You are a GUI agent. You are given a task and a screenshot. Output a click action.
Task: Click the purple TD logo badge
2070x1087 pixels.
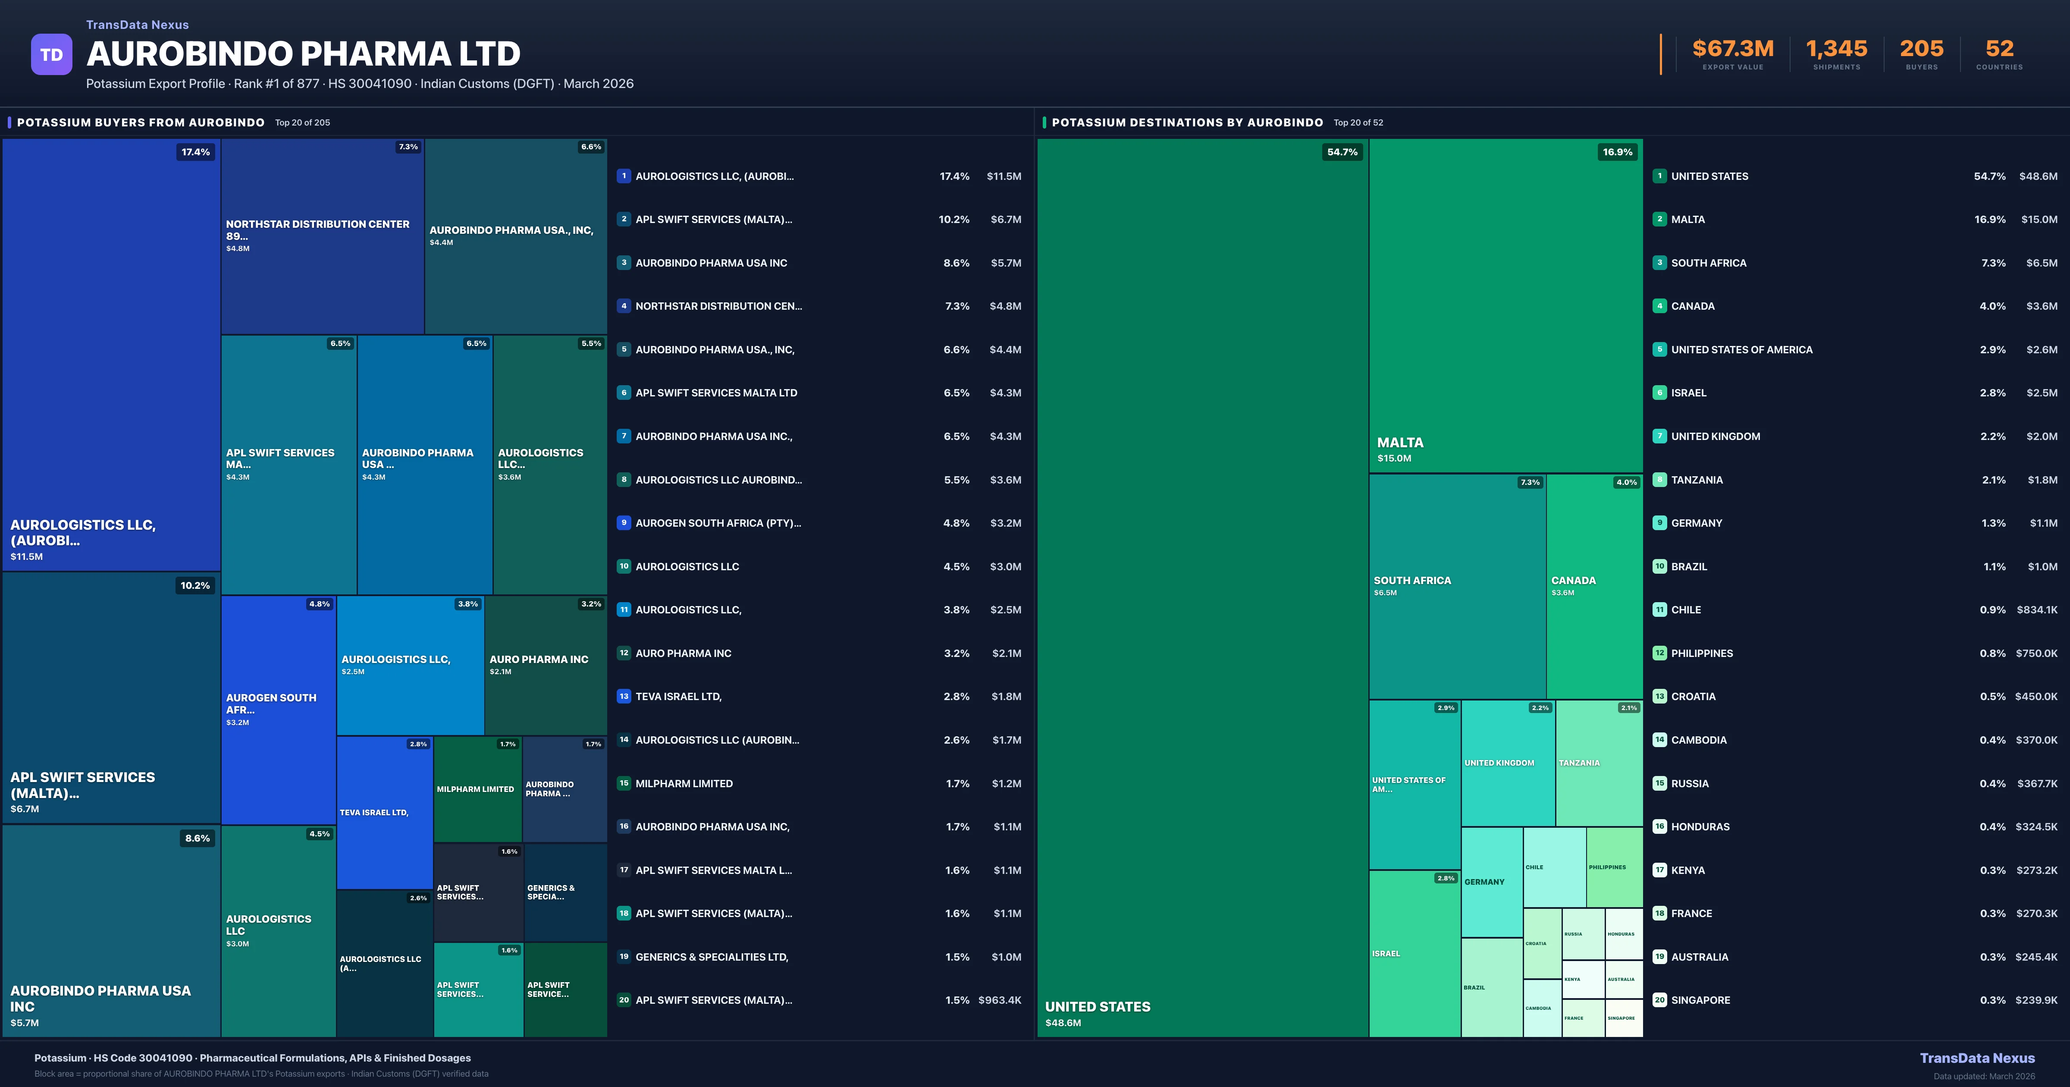tap(51, 55)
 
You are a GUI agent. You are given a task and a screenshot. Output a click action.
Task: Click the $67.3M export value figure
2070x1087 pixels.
tap(1732, 49)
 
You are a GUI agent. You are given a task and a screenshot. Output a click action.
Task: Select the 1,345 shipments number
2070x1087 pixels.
tap(1836, 49)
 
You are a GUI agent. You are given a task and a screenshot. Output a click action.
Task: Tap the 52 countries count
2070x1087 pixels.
tap(1999, 49)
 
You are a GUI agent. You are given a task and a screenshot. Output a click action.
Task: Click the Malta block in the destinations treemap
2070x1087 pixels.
tap(1505, 305)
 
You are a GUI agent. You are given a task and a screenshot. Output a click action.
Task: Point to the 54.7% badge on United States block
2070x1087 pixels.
tap(1342, 152)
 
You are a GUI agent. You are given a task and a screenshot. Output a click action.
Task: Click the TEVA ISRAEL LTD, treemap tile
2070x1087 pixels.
tap(384, 813)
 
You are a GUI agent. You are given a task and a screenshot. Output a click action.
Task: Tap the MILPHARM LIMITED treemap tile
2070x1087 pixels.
tap(477, 789)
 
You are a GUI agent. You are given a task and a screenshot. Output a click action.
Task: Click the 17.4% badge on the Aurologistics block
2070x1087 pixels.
tap(195, 152)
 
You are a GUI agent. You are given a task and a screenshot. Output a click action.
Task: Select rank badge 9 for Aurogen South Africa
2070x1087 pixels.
tap(624, 523)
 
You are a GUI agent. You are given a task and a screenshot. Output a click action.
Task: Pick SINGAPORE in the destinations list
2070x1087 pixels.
tap(1700, 1000)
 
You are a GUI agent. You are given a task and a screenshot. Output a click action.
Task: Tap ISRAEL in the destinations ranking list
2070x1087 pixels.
tap(1688, 393)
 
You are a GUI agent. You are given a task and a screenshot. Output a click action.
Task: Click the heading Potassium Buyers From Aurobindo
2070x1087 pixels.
tap(141, 122)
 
